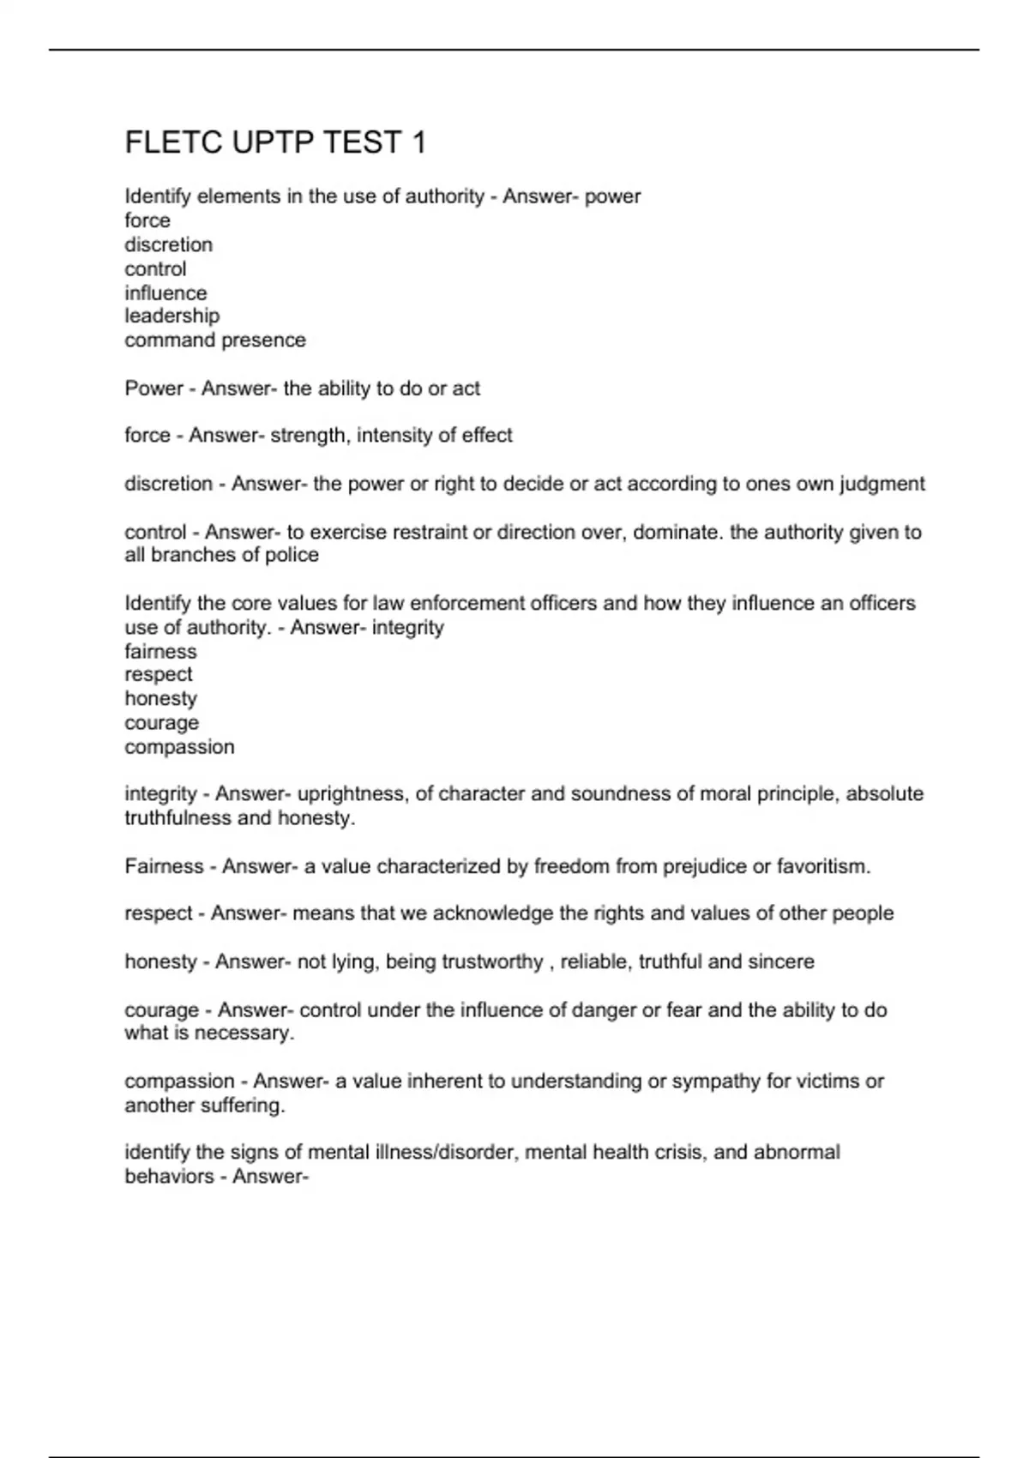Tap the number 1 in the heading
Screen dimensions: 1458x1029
coord(418,142)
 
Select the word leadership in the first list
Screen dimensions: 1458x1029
coord(172,316)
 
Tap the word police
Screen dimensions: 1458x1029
coord(292,555)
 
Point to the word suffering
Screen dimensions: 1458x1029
coord(244,1106)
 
